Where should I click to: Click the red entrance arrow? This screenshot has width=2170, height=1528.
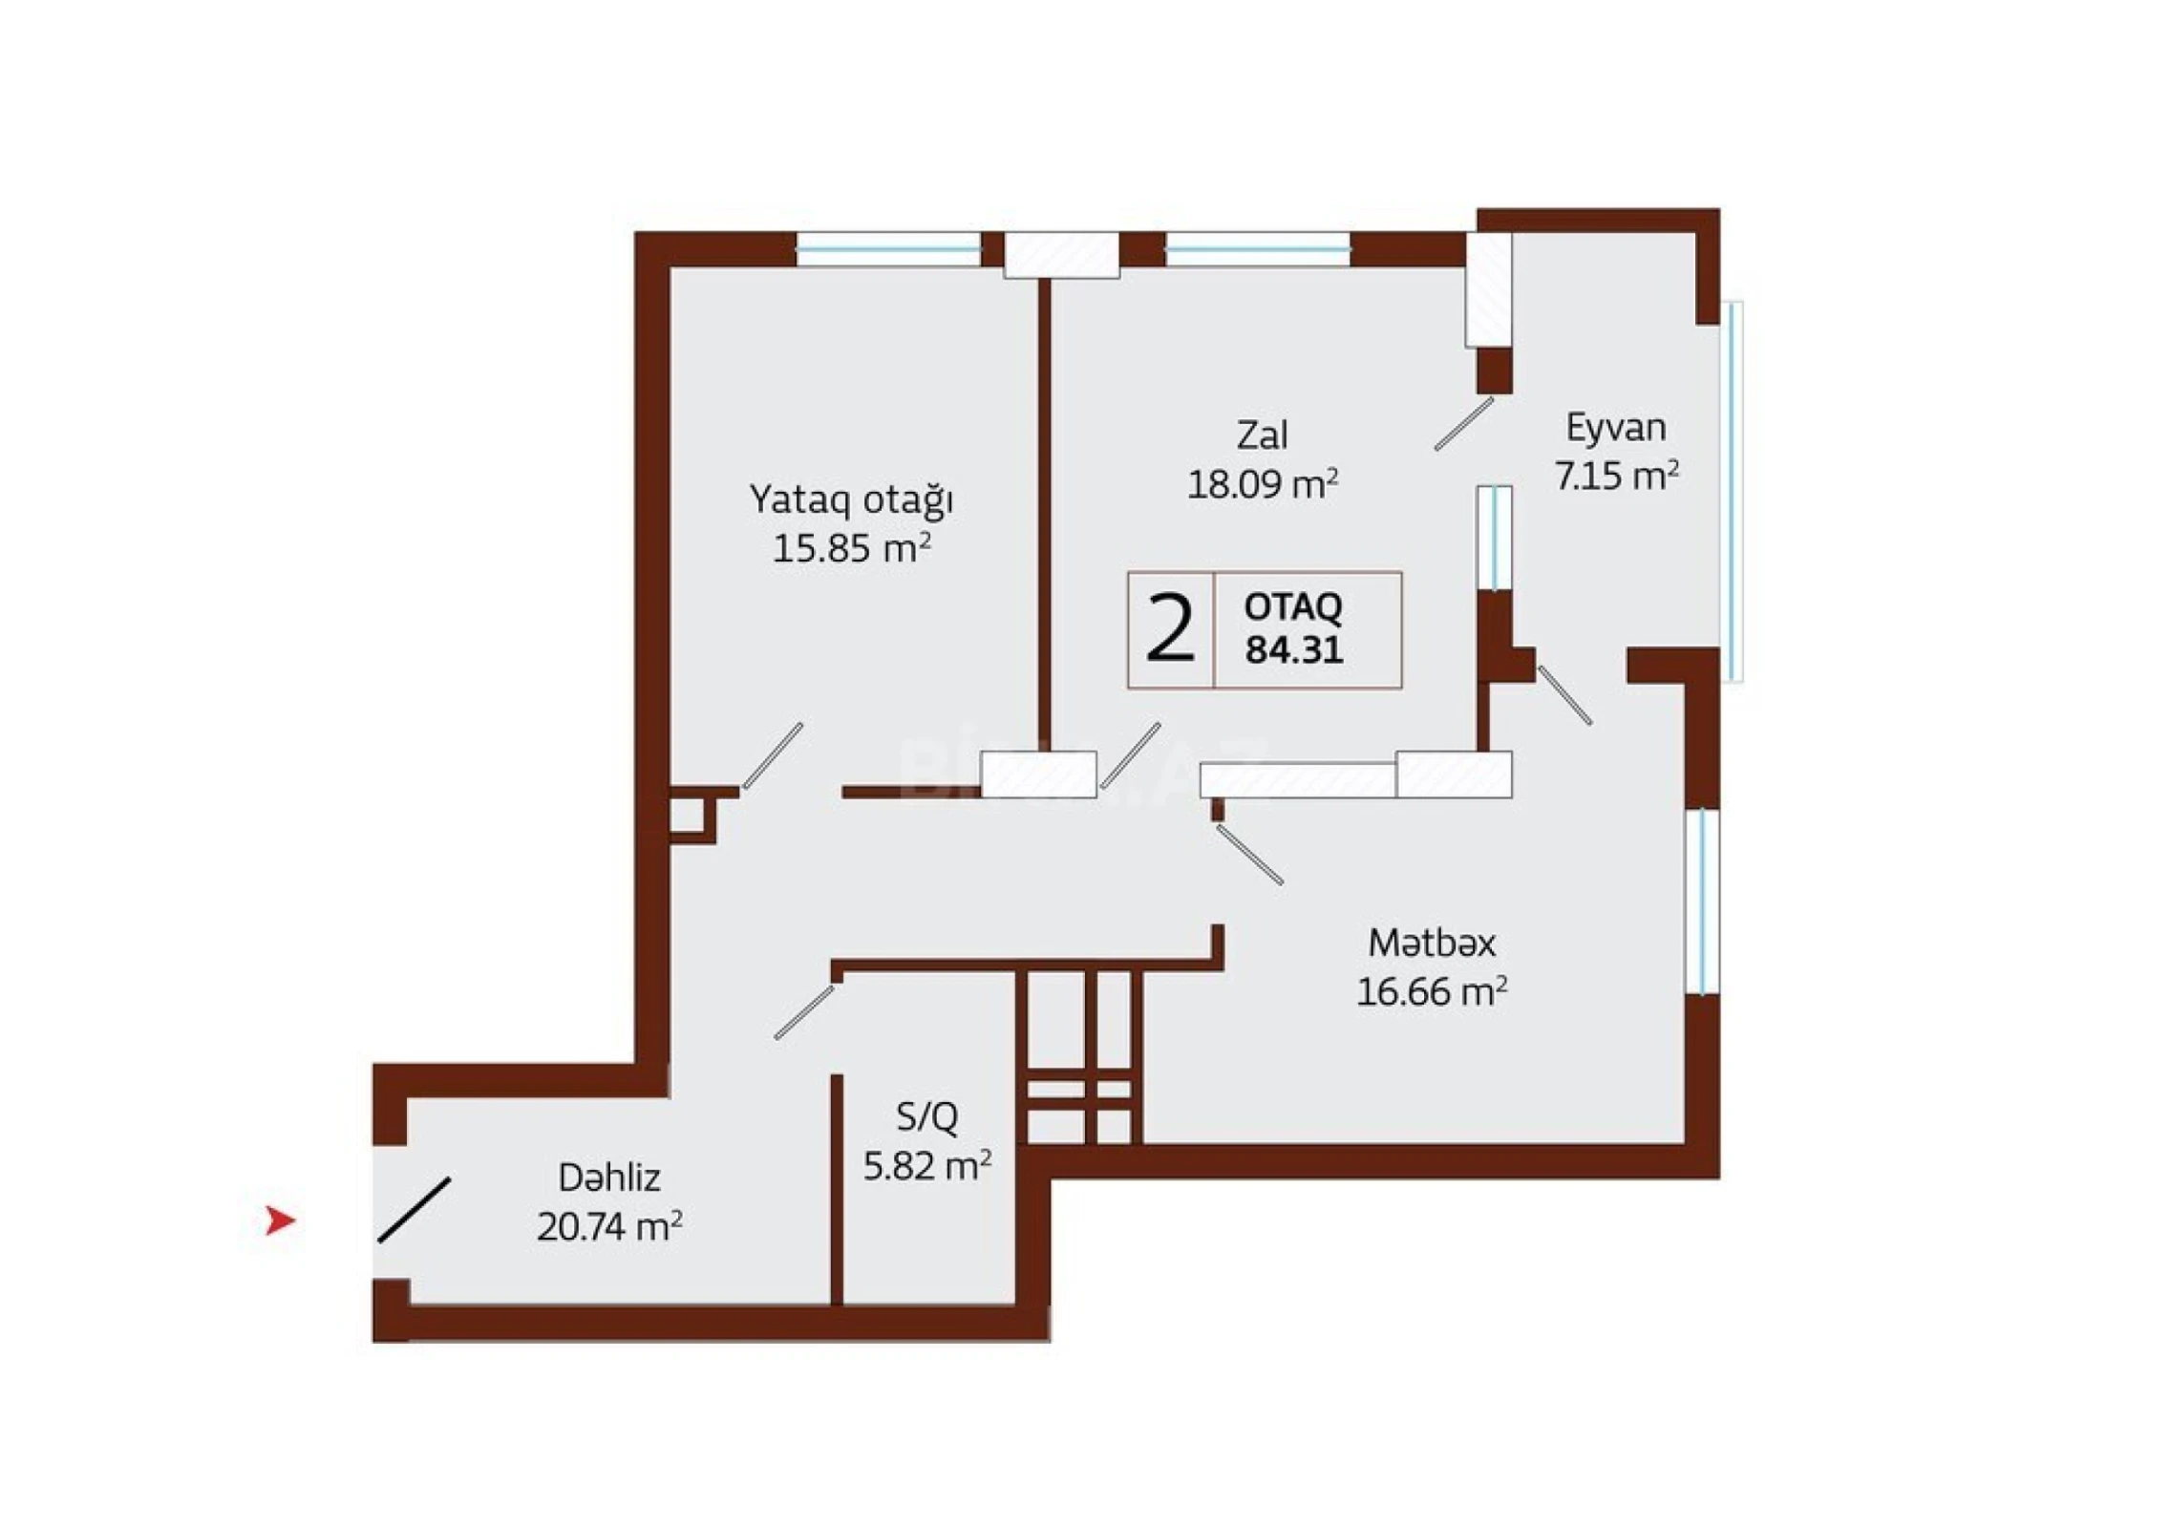[279, 1220]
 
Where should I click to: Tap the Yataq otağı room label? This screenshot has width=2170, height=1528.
[851, 500]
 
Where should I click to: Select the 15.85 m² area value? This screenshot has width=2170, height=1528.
[851, 549]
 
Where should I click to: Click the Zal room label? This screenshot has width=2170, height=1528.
[1262, 435]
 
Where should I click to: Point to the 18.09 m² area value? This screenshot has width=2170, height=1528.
[1262, 485]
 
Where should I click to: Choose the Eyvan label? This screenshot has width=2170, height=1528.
[1615, 428]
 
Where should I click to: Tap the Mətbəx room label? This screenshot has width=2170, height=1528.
[1432, 944]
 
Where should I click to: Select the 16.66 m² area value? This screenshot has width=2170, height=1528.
[1432, 992]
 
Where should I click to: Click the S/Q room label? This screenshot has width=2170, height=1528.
[926, 1116]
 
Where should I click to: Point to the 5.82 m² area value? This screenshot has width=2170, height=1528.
[926, 1166]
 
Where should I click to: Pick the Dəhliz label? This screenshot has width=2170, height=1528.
[609, 1178]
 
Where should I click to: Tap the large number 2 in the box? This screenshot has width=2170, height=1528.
[1170, 629]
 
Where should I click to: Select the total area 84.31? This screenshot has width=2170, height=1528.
[1294, 650]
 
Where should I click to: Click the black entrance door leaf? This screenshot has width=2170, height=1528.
[415, 1210]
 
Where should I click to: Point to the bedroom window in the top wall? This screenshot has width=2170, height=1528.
[888, 250]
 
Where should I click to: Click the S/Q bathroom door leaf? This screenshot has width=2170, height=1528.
[803, 1012]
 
